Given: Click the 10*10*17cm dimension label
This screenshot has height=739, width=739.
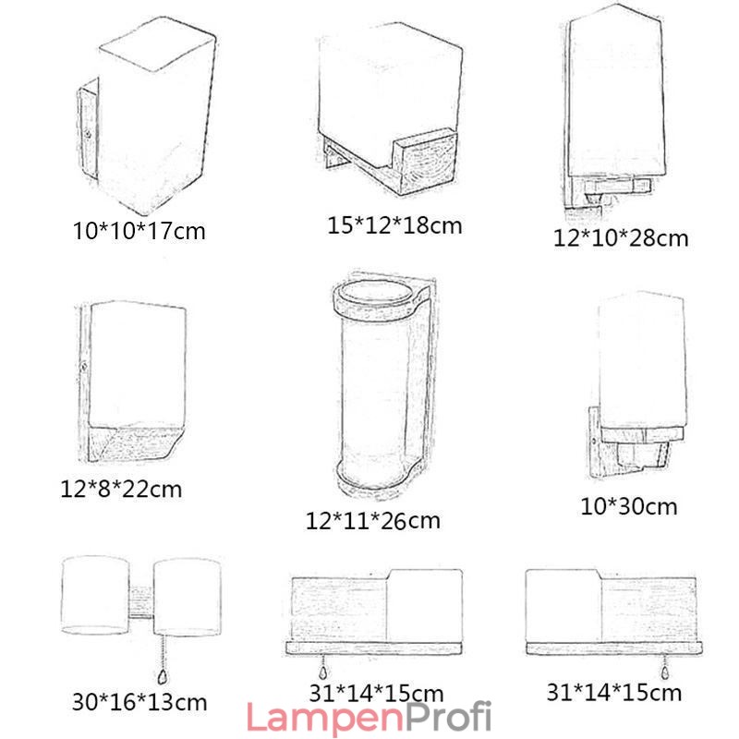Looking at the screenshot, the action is (139, 231).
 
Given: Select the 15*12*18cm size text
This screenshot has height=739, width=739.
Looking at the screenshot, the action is (394, 225).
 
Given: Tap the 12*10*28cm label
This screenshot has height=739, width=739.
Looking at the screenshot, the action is (621, 238).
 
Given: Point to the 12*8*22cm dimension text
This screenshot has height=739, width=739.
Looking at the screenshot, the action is (121, 490).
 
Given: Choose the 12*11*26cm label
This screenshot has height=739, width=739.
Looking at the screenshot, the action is (373, 521).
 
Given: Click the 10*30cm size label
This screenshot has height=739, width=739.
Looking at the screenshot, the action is (629, 506).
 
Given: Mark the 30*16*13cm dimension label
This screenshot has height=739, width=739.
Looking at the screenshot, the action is (139, 702).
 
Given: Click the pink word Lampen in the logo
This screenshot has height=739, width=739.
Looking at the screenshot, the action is (325, 718).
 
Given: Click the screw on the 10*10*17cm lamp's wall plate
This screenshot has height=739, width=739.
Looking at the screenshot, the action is (88, 135).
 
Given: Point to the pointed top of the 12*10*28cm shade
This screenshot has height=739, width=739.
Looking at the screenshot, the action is (617, 6).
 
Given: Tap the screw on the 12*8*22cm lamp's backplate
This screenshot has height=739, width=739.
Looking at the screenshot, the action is (84, 366).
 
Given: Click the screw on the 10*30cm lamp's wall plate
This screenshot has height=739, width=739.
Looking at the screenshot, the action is (593, 442).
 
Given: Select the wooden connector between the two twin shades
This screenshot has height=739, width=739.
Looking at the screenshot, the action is (140, 602).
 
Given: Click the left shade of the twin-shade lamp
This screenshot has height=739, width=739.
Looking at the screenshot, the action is (95, 595).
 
